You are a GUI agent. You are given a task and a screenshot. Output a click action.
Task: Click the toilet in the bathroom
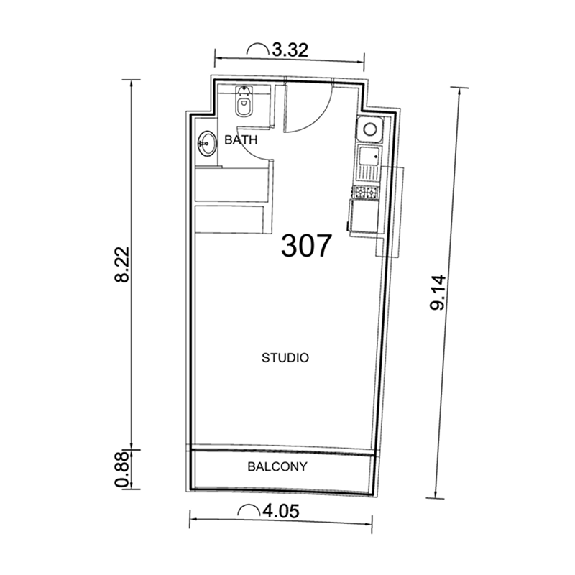click(244, 104)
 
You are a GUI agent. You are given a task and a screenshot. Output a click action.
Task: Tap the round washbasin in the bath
click(207, 143)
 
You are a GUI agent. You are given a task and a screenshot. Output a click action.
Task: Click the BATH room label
click(241, 140)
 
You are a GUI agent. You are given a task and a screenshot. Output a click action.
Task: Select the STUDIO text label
click(285, 357)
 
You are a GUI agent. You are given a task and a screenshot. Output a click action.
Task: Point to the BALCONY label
click(277, 466)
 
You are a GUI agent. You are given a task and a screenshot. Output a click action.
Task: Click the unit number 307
click(307, 246)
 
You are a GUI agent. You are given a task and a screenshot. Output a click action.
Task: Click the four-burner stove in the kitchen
click(365, 192)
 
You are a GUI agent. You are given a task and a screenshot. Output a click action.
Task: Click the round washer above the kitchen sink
click(371, 130)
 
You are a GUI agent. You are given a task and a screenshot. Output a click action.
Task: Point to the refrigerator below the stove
click(364, 217)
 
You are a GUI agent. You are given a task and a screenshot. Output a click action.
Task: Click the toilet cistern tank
click(244, 91)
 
